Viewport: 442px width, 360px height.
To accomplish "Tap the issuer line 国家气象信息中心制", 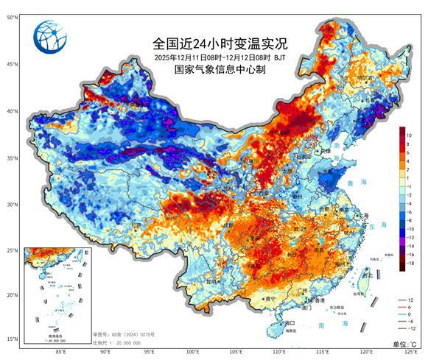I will click(220, 69).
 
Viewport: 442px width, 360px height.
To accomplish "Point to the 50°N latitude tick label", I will click(13, 16).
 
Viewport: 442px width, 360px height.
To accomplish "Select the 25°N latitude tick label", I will click(13, 251).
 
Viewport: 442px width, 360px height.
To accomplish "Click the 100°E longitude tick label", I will click(193, 352).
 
